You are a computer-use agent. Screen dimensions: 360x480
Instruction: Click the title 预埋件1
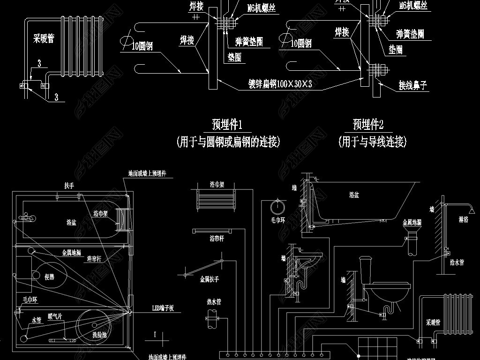[227, 125]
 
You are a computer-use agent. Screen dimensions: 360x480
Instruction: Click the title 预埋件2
[368, 125]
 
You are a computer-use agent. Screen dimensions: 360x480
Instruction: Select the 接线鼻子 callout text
[413, 85]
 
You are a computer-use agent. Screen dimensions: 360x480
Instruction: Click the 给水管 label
[457, 263]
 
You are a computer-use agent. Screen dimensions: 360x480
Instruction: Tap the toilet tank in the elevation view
[365, 269]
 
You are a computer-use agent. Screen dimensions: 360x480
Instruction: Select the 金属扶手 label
[210, 279]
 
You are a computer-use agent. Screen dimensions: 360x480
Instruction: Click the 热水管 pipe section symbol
[214, 323]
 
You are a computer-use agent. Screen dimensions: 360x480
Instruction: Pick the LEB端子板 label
[163, 308]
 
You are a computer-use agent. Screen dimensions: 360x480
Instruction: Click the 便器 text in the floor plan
[49, 277]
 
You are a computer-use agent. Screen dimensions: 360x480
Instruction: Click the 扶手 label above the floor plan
[69, 186]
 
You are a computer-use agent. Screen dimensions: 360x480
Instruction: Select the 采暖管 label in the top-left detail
[43, 38]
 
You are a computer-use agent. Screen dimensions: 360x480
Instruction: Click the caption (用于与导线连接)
[372, 142]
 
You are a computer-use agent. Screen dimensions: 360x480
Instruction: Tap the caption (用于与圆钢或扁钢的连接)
[228, 142]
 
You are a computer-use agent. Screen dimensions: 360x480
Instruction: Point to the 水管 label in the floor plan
[37, 321]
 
